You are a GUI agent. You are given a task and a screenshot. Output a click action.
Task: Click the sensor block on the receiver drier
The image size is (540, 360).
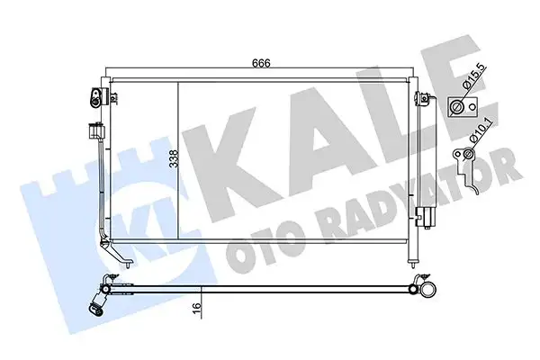pos(424,217)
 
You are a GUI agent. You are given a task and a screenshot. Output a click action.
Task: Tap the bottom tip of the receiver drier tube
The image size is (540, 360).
pos(416,265)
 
